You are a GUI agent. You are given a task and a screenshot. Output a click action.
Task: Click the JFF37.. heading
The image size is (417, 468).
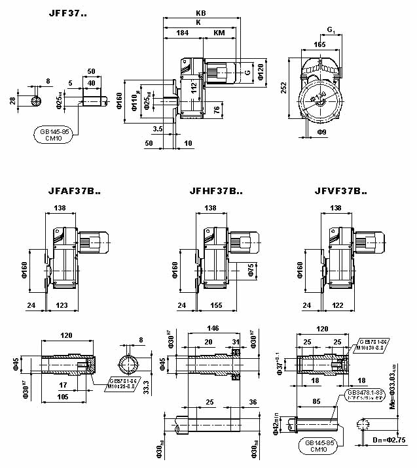pyautogui.click(x=67, y=13)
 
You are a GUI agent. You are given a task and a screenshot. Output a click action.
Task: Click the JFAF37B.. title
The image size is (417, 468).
pyautogui.click(x=74, y=192)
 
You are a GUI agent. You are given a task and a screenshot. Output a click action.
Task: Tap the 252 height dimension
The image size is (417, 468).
pyautogui.click(x=283, y=86)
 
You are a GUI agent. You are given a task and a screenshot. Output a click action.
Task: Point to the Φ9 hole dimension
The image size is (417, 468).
pyautogui.click(x=321, y=133)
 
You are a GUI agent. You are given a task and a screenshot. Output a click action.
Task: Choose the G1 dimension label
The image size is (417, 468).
pyautogui.click(x=331, y=29)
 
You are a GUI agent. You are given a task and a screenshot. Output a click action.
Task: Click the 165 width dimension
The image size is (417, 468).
pyautogui.click(x=319, y=44)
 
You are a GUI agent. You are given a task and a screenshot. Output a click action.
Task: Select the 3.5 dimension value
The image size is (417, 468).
pyautogui.click(x=157, y=129)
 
